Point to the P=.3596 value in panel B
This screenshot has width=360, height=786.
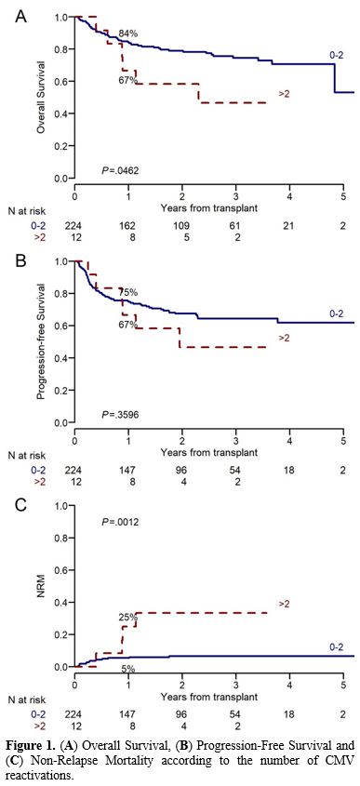click(x=121, y=413)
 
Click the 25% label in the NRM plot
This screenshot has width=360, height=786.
click(x=125, y=615)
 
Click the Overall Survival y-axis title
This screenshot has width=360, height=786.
click(x=40, y=98)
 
